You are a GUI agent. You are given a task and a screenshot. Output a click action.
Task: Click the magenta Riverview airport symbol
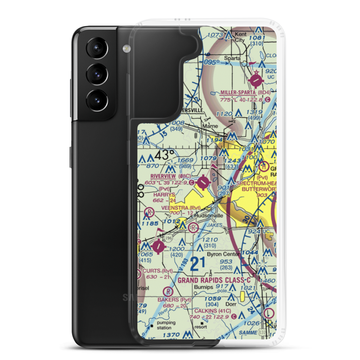203,183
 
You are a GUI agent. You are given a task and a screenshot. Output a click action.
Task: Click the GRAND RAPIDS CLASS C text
214,280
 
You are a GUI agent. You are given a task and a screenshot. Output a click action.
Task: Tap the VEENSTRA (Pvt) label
181,207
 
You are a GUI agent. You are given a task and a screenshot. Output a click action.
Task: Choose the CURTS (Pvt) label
157,271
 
